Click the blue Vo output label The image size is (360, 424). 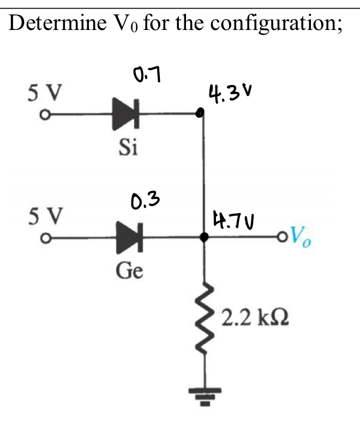click(x=302, y=235)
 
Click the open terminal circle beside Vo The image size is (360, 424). click(x=282, y=238)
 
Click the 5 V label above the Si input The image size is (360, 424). click(x=45, y=92)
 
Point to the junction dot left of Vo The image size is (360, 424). click(x=205, y=238)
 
